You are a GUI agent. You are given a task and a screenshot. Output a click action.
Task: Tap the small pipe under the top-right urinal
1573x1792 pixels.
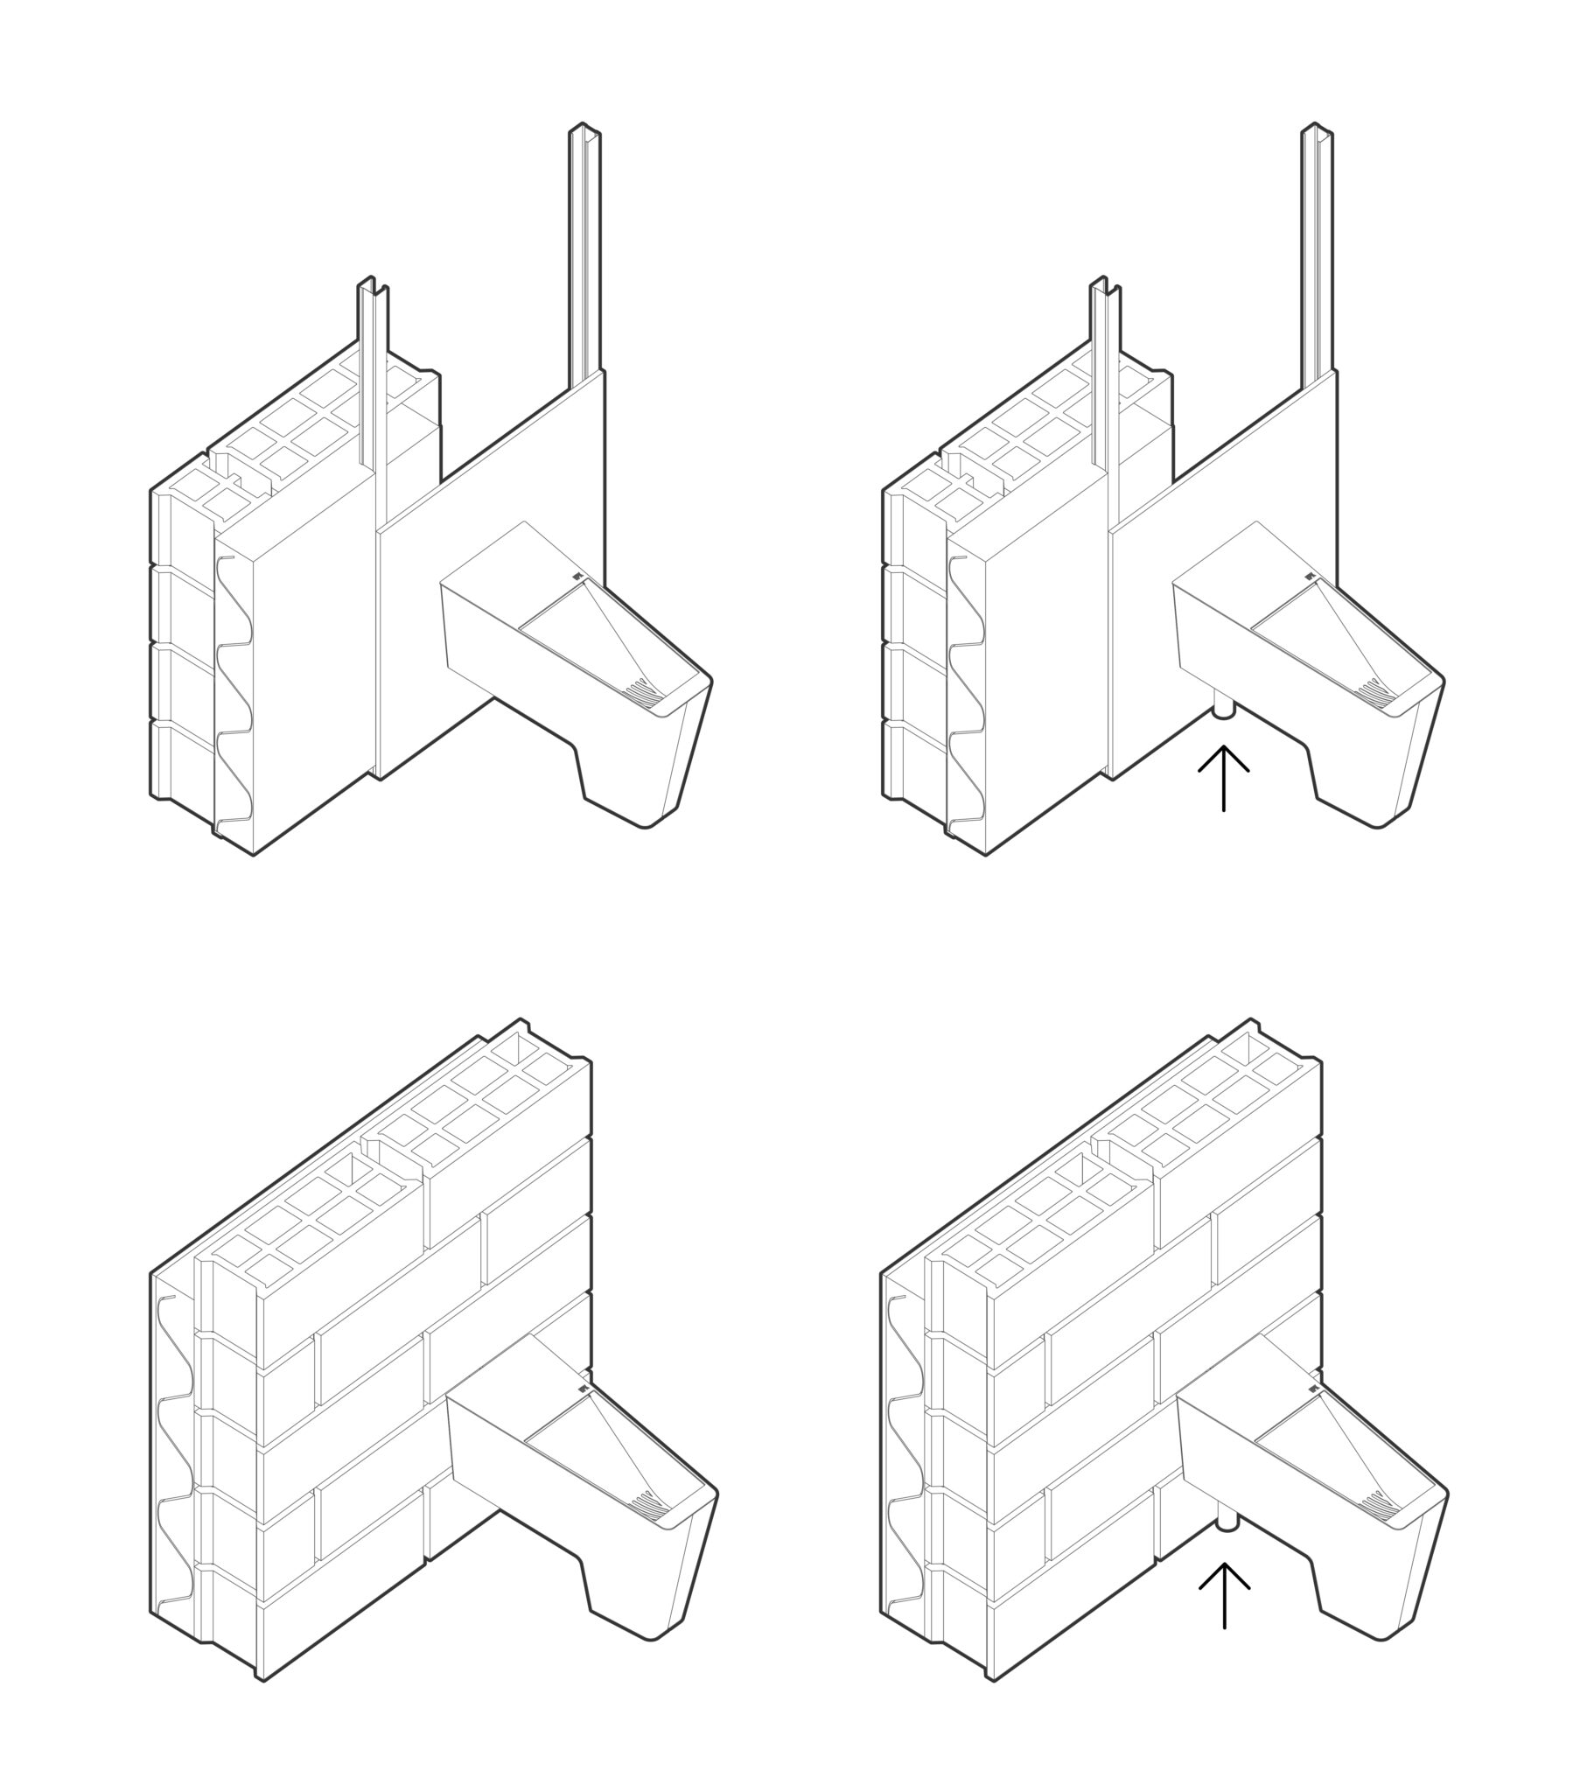(1223, 709)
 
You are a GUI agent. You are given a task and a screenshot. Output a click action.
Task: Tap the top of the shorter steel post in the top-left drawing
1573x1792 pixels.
(373, 286)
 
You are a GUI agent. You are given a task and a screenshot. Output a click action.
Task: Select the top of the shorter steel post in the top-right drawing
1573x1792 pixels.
(1105, 286)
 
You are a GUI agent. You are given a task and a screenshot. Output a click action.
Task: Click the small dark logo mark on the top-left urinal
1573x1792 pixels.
(576, 576)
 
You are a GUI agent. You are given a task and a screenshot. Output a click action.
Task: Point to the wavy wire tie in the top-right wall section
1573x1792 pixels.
(965, 684)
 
